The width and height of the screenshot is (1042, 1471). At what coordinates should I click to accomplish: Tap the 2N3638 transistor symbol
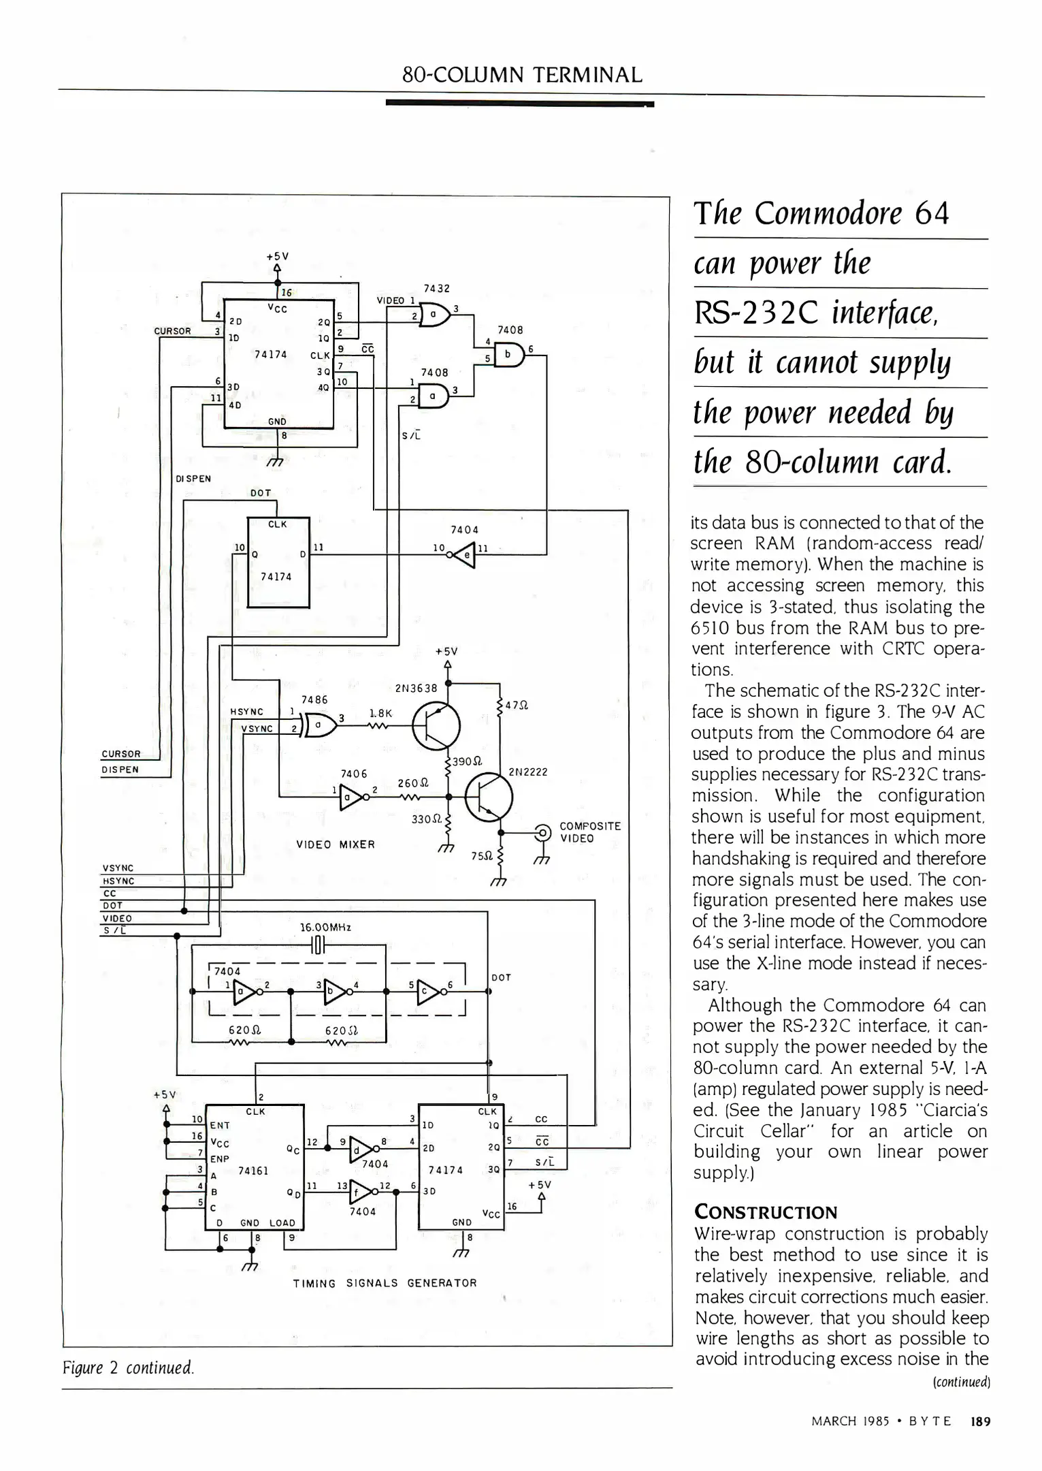point(436,726)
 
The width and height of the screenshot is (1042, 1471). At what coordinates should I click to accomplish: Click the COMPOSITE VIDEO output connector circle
point(543,832)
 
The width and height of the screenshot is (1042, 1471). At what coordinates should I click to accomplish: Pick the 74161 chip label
point(253,1171)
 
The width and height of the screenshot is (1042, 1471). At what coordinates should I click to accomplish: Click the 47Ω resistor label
point(517,706)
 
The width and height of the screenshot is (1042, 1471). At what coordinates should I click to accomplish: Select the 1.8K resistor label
point(380,713)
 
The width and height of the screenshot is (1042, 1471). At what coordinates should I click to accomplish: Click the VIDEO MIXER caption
point(336,844)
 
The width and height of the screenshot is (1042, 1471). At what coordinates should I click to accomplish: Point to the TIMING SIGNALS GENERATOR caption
point(385,1283)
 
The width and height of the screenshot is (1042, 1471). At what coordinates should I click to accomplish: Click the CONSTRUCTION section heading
point(765,1212)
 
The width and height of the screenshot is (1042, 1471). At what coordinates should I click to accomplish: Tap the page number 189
point(981,1421)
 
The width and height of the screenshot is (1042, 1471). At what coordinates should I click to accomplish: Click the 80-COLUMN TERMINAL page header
point(522,74)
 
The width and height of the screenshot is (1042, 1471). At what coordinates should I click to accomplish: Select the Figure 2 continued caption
point(129,1367)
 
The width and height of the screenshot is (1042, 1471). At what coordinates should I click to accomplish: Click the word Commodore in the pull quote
point(828,213)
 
